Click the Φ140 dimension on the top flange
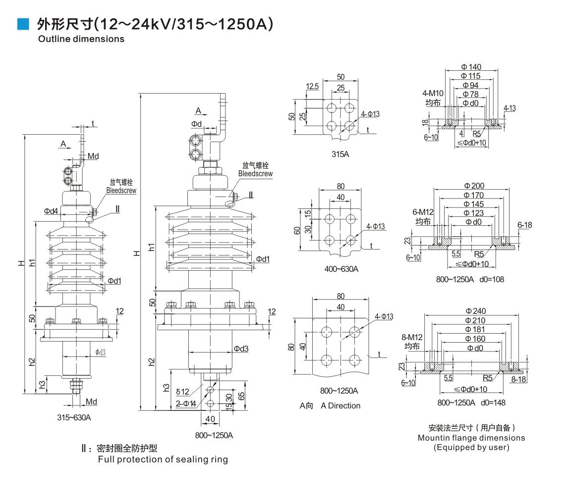(471, 67)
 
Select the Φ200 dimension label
(474, 186)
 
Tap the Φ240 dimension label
(476, 311)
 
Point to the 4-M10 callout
(433, 94)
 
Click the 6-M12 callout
(423, 212)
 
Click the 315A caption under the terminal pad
(340, 154)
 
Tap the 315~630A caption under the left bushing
(74, 417)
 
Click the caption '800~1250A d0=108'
(470, 280)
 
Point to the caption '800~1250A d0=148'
(471, 402)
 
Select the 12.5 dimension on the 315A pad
(312, 87)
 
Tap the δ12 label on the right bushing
(182, 392)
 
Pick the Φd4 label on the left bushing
(51, 211)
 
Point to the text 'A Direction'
(341, 406)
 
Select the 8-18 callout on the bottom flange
(518, 379)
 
